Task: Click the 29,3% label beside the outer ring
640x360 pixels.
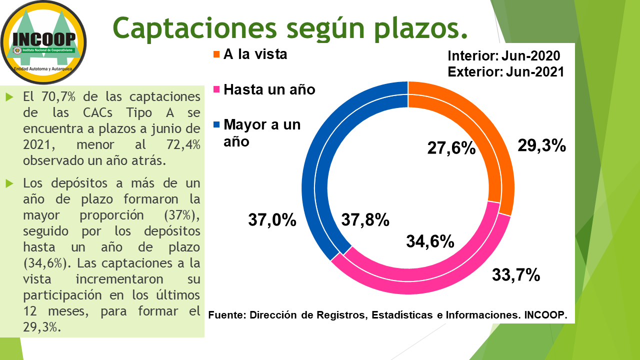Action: [541, 145]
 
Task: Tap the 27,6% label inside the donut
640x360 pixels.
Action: [450, 148]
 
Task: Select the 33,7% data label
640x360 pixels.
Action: [516, 274]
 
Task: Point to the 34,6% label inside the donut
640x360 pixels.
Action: [429, 241]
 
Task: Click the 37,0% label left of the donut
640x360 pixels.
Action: [272, 219]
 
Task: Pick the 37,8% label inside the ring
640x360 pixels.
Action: [365, 219]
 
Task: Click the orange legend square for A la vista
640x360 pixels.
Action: [216, 54]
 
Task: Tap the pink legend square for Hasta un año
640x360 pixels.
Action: [216, 90]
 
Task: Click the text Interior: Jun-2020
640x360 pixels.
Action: [503, 55]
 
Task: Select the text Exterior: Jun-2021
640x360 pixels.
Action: [505, 71]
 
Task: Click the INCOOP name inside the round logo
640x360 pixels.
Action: [44, 38]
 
